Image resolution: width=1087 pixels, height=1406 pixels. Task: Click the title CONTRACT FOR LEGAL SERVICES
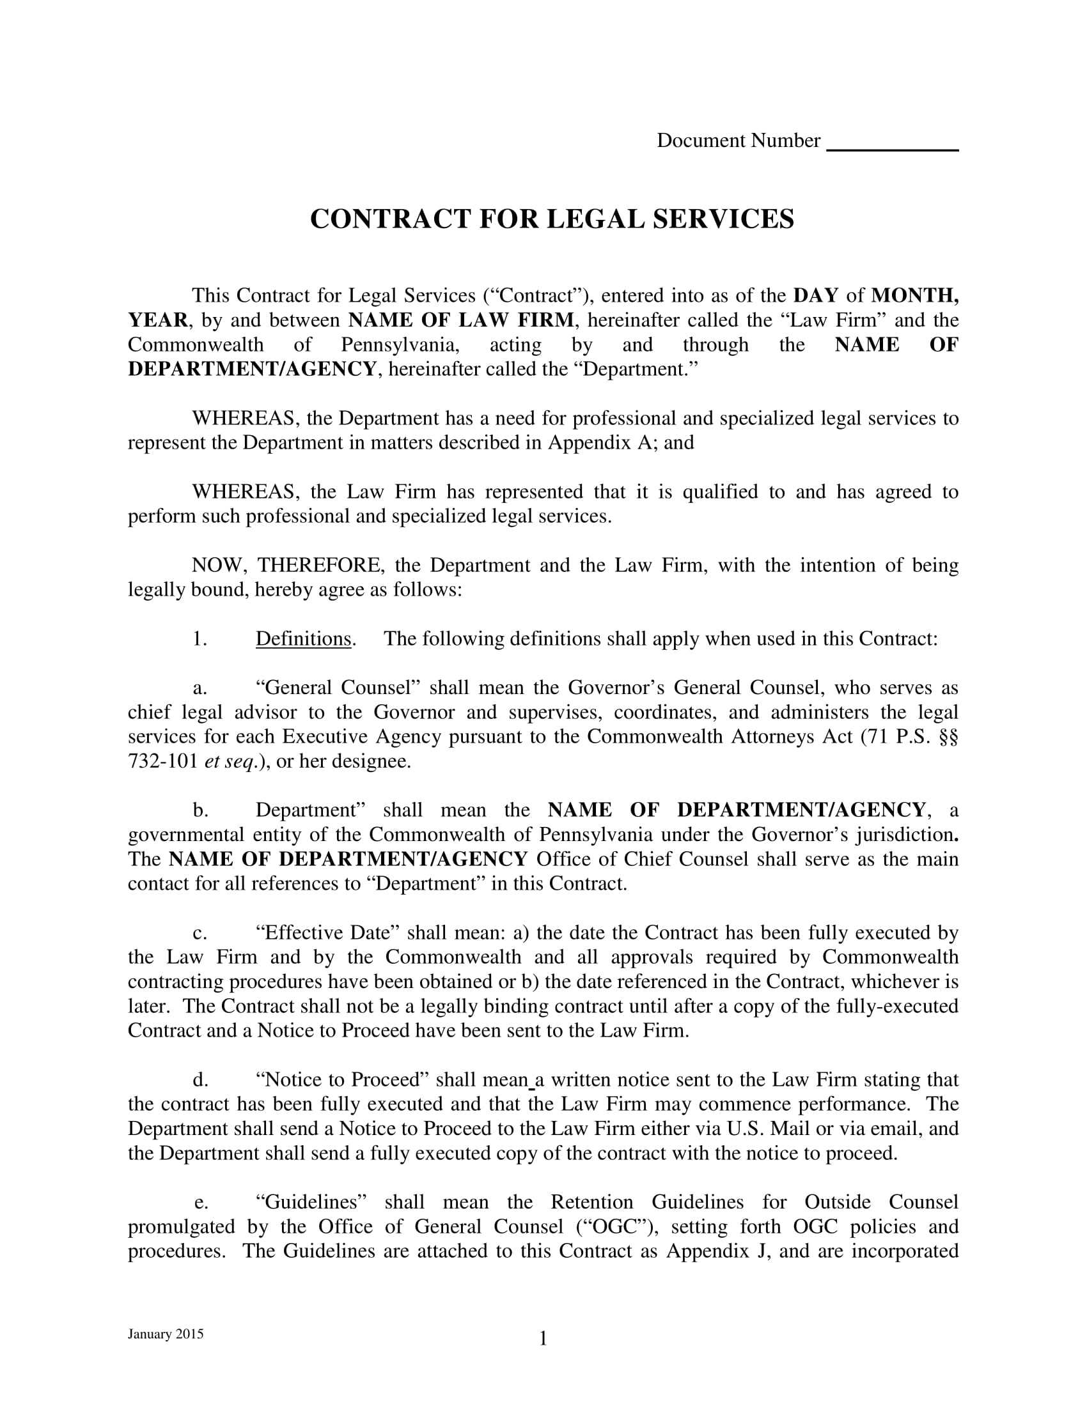[552, 219]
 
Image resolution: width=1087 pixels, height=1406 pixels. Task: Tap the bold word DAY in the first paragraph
[816, 295]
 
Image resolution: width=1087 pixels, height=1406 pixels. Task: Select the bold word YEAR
[157, 320]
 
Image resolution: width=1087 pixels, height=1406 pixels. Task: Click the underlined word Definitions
[303, 638]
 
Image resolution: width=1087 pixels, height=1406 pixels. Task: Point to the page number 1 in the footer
[543, 1339]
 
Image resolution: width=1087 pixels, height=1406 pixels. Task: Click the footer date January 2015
[166, 1334]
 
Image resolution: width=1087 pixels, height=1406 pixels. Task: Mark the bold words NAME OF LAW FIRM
[461, 320]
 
